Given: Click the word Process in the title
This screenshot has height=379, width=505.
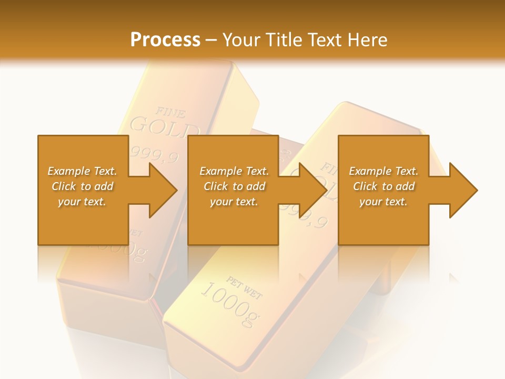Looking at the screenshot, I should coord(165,40).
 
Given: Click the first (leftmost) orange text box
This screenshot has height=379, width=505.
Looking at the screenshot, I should coord(83,221).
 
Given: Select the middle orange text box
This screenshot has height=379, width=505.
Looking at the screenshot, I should coord(233,221).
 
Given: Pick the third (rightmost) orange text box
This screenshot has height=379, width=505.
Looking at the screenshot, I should coord(383,221).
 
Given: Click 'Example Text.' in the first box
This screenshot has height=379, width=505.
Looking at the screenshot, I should coord(82,171).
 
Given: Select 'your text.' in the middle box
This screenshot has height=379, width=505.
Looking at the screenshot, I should coord(234,202).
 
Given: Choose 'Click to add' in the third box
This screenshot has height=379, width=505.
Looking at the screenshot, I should coord(383,186).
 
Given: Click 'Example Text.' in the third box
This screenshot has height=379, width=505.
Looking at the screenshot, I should coord(383,171).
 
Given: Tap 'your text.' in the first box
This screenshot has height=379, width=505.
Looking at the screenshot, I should coord(82,202).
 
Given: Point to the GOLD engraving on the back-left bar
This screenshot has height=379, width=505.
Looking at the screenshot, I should coord(164,128).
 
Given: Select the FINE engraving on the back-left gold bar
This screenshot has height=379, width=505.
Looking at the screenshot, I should coord(170,112).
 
